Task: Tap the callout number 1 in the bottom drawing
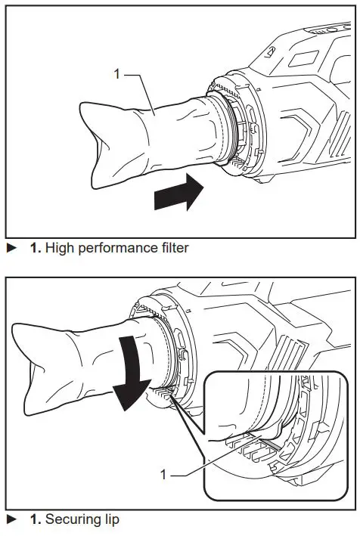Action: [x=164, y=475]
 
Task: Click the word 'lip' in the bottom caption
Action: [x=109, y=519]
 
